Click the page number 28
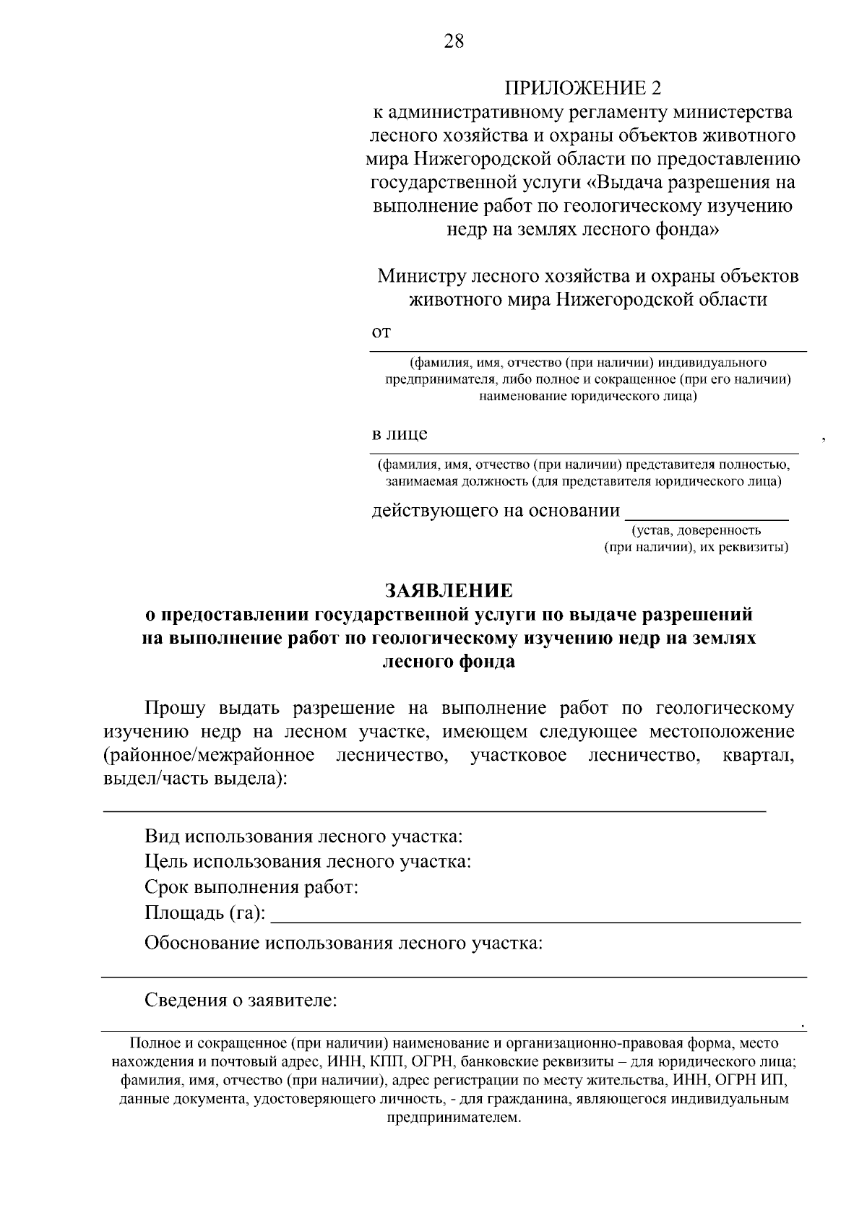454,41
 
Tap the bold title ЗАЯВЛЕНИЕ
449,590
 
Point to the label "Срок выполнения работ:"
251,887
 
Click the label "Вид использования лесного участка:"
303,837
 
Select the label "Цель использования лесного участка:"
308,862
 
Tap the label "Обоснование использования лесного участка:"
343,943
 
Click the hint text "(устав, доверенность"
696,531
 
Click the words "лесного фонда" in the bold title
448,662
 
